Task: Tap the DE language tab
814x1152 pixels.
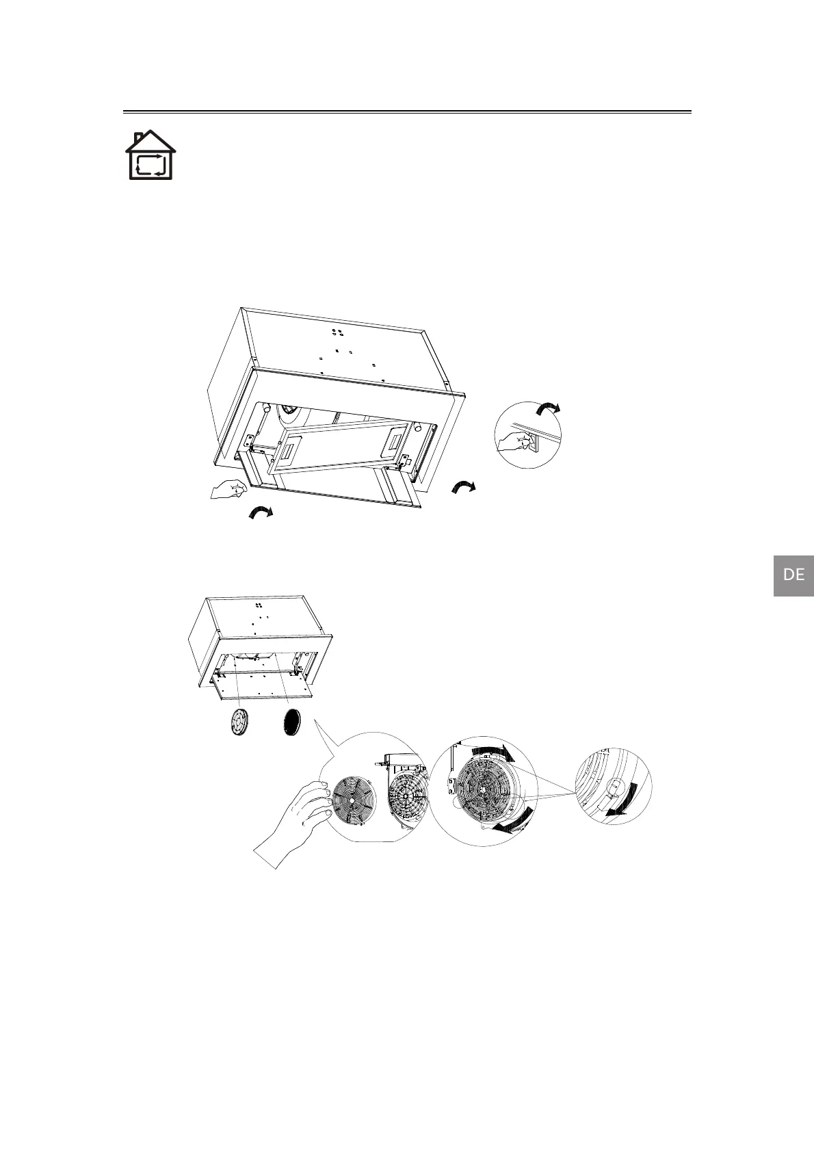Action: [793, 575]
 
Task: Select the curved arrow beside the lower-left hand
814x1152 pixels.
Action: [260, 513]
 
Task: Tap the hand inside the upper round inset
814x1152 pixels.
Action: [512, 443]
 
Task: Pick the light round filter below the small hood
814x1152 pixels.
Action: [239, 722]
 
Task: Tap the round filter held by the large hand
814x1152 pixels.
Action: [353, 801]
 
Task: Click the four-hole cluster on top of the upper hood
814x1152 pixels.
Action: [337, 331]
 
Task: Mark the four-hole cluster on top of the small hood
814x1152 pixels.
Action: [259, 606]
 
